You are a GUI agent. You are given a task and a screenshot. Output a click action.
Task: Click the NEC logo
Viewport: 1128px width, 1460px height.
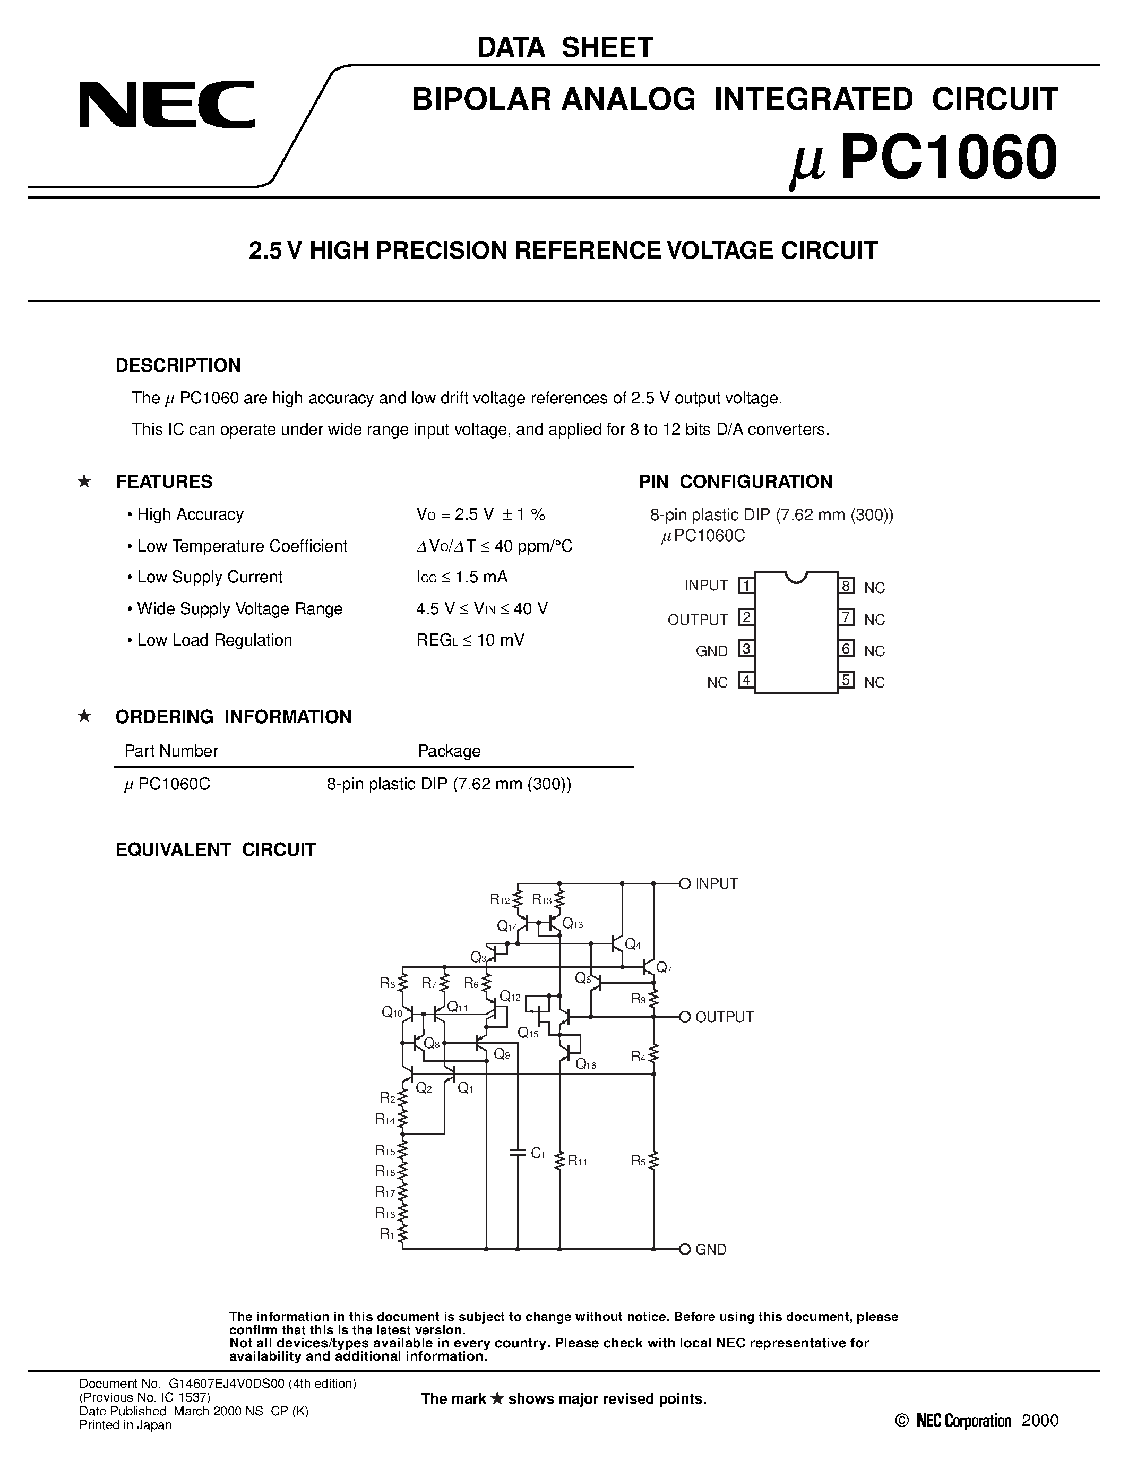coord(167,105)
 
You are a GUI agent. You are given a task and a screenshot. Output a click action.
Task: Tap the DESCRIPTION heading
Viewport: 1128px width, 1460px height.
coord(178,365)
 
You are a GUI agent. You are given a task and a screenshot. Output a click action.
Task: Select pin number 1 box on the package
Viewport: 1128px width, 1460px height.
coord(746,586)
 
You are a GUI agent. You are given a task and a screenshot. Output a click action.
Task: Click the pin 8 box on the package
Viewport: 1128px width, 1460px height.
coord(847,586)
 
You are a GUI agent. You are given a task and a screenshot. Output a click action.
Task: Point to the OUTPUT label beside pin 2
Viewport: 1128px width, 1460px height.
coord(697,620)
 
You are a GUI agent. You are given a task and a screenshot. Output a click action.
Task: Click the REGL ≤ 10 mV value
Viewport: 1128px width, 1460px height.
coord(470,640)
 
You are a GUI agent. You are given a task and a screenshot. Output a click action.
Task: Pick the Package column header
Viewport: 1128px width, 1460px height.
coord(449,751)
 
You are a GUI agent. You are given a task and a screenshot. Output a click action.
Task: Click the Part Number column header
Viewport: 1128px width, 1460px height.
coord(171,751)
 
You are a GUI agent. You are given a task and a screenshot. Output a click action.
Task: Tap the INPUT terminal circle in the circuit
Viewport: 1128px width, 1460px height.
coord(684,884)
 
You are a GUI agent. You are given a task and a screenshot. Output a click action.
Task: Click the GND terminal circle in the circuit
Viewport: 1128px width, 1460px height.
coord(684,1249)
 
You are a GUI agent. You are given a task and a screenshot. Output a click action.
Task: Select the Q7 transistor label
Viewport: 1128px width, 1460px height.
coord(664,967)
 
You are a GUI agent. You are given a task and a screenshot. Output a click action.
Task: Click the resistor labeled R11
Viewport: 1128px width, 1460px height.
coord(560,1161)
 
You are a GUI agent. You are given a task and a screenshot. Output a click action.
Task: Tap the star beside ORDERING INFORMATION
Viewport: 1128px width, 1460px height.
coord(84,716)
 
